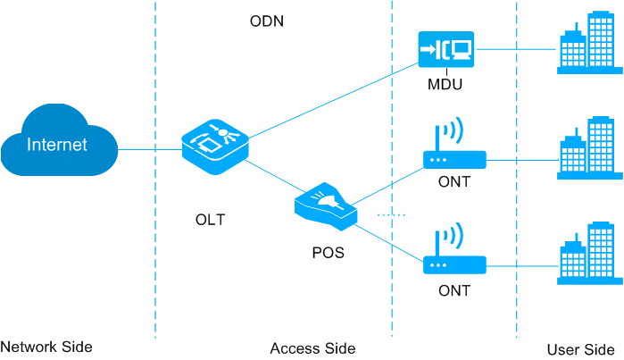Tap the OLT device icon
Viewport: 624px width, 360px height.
214,146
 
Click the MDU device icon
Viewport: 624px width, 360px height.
446,49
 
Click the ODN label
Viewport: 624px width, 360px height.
266,21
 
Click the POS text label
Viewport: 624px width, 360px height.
328,253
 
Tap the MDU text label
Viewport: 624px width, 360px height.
446,86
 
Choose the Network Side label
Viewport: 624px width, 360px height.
46,347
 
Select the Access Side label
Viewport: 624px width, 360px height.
312,347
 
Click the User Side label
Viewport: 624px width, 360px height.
579,347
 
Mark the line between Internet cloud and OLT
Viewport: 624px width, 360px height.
149,148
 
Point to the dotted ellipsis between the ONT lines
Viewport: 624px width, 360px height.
391,215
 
